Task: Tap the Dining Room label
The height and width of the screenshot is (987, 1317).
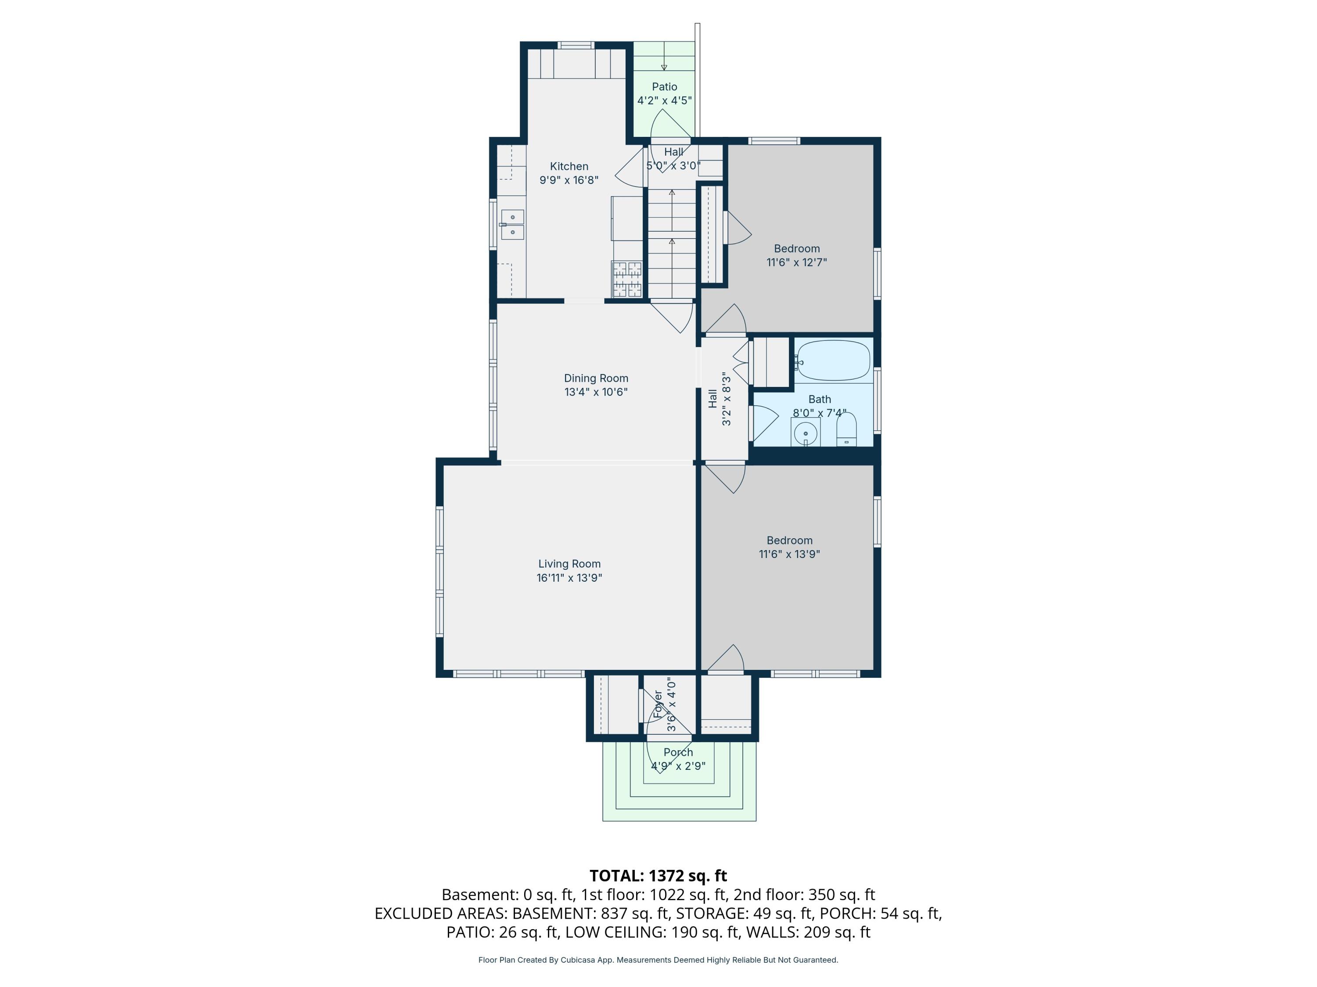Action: (x=596, y=379)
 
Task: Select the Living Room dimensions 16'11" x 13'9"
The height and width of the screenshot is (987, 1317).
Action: (x=569, y=578)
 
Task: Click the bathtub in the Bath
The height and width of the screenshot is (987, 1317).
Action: (x=833, y=360)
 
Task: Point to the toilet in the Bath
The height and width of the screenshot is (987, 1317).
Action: (x=846, y=429)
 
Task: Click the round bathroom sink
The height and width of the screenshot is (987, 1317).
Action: (x=806, y=433)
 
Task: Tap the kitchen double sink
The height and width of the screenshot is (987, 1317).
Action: (x=512, y=224)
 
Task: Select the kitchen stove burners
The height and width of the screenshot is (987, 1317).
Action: (x=626, y=279)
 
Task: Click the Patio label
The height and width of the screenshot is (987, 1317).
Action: (x=665, y=87)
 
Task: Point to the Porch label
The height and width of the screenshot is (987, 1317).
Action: (x=678, y=753)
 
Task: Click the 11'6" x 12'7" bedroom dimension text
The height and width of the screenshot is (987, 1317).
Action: (x=797, y=262)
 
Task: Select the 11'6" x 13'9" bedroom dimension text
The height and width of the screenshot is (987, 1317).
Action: (x=789, y=554)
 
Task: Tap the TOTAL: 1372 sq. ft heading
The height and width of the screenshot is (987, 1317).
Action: (x=658, y=876)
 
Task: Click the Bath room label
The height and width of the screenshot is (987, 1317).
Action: (x=820, y=400)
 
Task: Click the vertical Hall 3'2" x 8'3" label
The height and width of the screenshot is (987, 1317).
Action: (x=719, y=399)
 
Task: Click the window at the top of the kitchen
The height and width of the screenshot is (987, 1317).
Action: (x=576, y=45)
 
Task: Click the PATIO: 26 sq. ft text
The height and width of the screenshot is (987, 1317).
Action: (x=502, y=932)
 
